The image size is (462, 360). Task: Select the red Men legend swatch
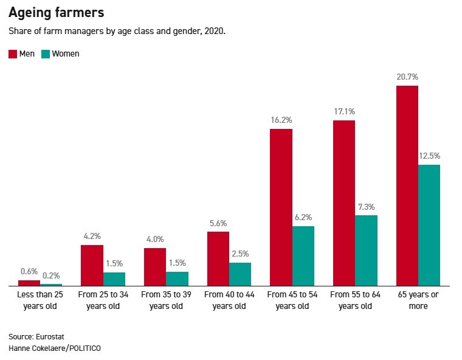[x=13, y=54]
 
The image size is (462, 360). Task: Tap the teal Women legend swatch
[x=45, y=54]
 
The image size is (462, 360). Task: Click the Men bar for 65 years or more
[x=407, y=185]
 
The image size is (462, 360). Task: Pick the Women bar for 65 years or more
[x=429, y=225]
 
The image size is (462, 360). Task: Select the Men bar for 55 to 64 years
[x=344, y=203]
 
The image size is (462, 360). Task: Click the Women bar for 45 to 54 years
[x=303, y=256]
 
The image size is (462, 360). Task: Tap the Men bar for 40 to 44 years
[x=218, y=258]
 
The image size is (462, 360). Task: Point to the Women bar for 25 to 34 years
[x=114, y=279]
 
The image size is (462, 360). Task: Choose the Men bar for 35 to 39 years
[x=155, y=267]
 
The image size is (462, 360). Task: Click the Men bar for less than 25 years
[x=29, y=283]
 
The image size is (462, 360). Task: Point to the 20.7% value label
[x=407, y=77]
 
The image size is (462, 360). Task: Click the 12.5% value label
[x=429, y=156]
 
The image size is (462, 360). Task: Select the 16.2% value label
[x=281, y=120]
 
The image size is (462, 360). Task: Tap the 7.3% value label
[x=367, y=206]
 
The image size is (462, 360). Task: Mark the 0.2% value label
[x=51, y=275]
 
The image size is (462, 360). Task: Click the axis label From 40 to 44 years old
[x=229, y=300]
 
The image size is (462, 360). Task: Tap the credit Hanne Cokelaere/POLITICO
[x=55, y=348]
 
